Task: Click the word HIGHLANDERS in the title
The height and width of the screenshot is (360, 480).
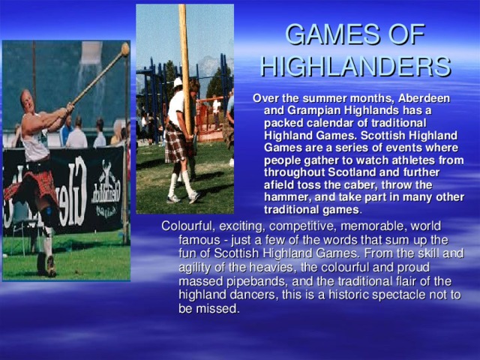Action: click(x=355, y=67)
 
